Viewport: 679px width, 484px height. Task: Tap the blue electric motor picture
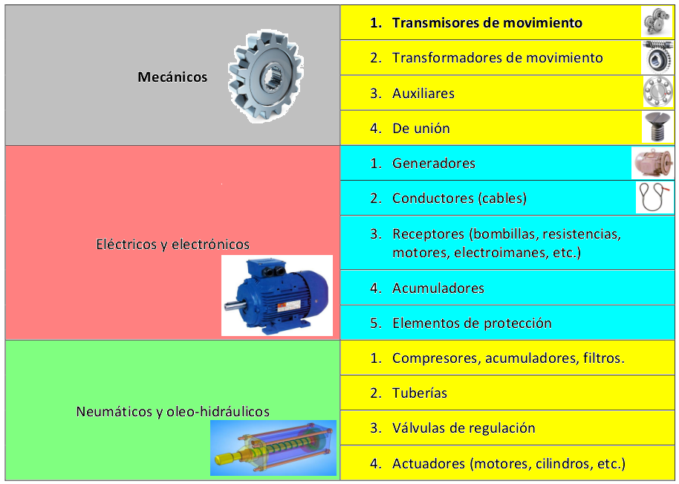[277, 295]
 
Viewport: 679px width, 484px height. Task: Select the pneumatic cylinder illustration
[273, 449]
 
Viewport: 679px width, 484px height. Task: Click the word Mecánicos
[172, 77]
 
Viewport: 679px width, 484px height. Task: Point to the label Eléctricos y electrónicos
[172, 244]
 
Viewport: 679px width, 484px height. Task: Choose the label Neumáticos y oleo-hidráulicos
[172, 411]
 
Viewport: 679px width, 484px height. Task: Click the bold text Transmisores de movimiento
[487, 22]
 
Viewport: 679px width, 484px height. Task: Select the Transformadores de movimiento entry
[497, 57]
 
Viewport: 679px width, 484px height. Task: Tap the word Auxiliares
[423, 93]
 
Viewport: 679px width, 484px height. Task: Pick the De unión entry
[421, 128]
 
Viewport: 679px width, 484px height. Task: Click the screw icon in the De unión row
[657, 126]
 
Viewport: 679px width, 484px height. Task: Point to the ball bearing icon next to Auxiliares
[657, 92]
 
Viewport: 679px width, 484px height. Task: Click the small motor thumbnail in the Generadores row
[652, 163]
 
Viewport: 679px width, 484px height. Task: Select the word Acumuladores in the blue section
[438, 288]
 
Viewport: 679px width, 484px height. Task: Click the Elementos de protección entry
[472, 323]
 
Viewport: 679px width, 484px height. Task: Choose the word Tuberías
[420, 393]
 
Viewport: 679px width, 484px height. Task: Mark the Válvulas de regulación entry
[464, 427]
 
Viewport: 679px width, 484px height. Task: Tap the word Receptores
[426, 234]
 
